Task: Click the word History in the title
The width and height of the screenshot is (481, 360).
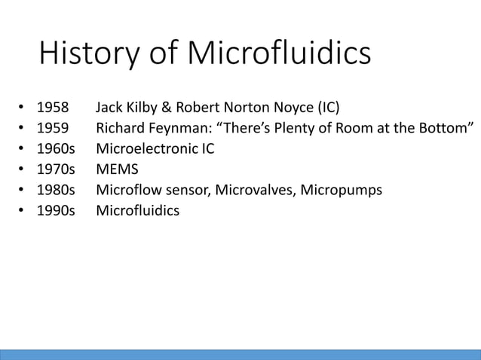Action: coord(83,55)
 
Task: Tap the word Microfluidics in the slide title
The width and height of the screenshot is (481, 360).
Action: coord(278,55)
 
